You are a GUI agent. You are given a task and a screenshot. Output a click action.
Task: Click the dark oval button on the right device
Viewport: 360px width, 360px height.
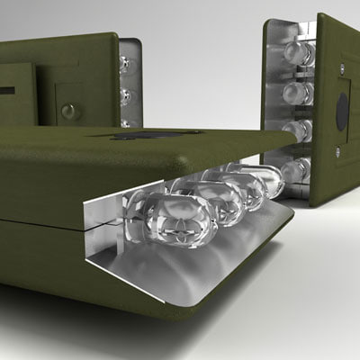pyautogui.click(x=342, y=110)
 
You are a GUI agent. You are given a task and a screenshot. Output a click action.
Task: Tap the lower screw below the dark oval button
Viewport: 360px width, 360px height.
pyautogui.click(x=338, y=152)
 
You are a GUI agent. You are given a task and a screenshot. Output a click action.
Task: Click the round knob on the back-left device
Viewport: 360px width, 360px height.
pyautogui.click(x=68, y=112)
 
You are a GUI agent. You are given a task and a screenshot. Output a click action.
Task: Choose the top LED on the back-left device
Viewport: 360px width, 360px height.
pyautogui.click(x=126, y=65)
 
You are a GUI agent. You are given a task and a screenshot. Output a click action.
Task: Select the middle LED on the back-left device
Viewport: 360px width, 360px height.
pyautogui.click(x=127, y=95)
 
